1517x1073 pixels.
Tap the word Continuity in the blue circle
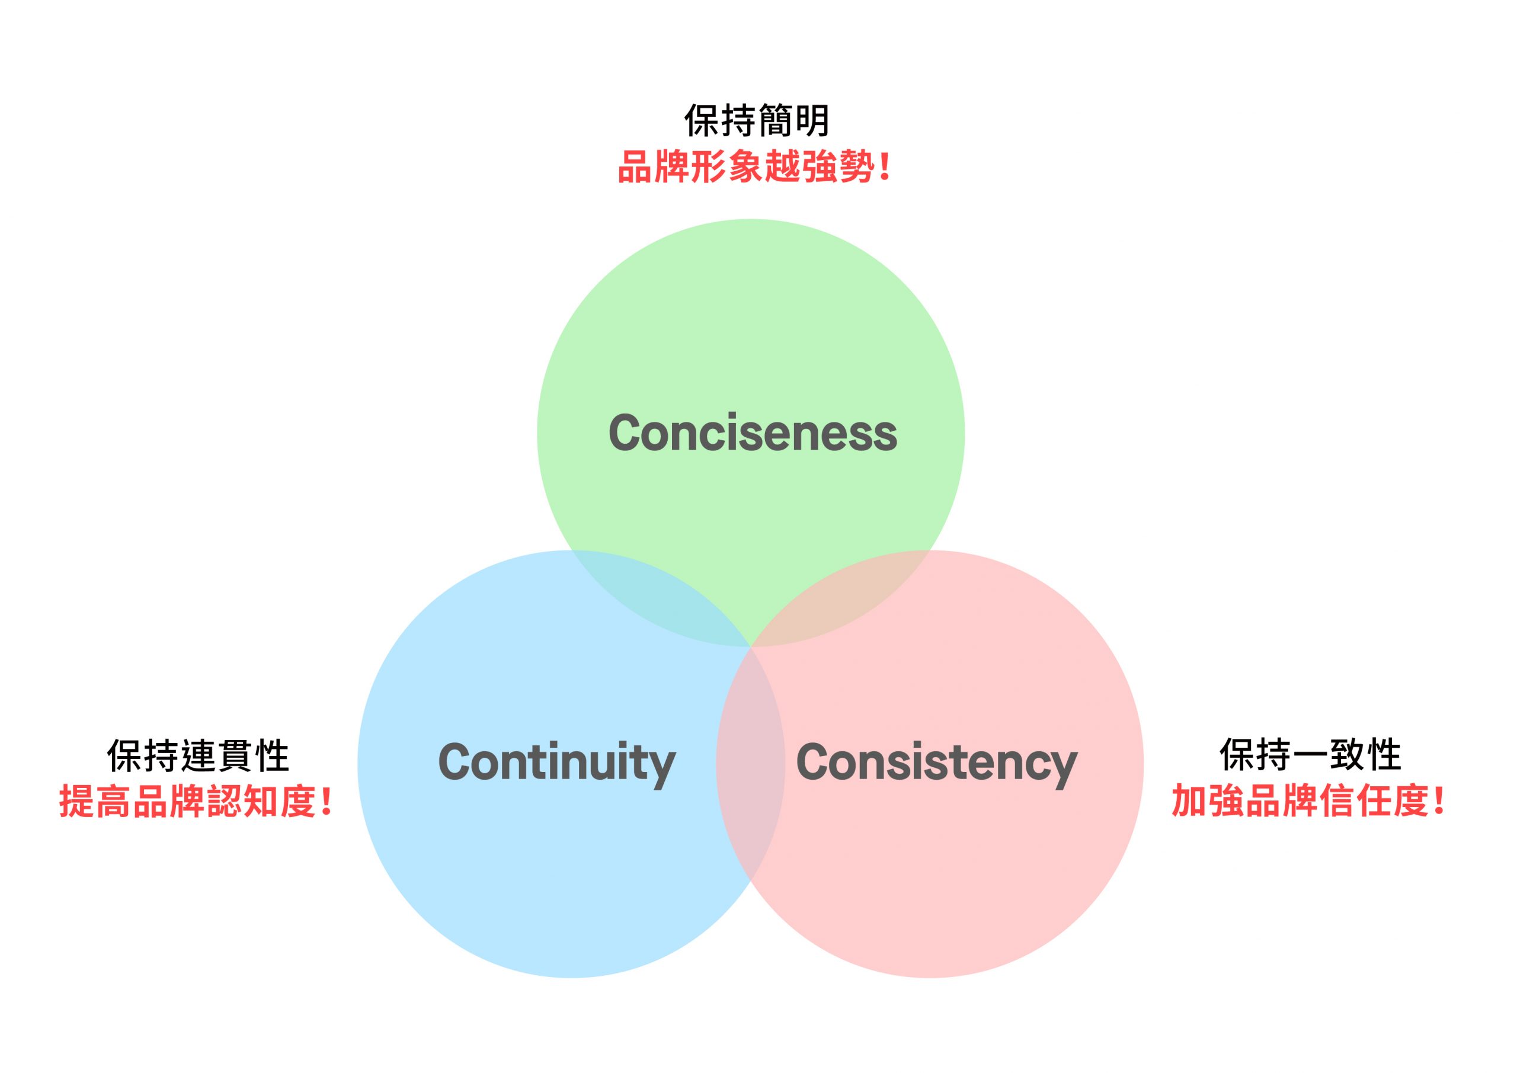556,764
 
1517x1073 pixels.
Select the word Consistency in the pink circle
937,764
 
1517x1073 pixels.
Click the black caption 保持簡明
757,120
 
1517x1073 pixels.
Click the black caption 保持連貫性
198,756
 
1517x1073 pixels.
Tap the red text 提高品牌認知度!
196,802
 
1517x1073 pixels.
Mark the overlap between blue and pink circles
751,764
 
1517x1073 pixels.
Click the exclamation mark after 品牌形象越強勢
885,166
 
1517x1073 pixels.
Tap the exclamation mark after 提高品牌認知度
327,802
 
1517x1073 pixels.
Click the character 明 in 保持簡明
811,120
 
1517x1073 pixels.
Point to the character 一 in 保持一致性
1310,755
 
